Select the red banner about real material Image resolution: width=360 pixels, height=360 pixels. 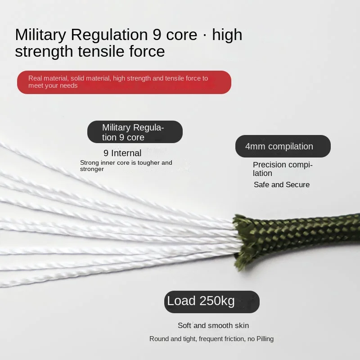(124, 82)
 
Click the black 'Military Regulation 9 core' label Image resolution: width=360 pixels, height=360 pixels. (135, 132)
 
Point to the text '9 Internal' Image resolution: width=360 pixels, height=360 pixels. (122, 153)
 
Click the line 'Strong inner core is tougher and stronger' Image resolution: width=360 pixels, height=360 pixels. (126, 166)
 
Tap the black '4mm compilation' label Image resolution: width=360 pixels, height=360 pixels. (283, 146)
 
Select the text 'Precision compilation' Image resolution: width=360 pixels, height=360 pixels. (282, 169)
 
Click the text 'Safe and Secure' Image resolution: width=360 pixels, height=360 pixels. (281, 184)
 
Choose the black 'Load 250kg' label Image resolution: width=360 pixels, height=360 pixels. (211, 301)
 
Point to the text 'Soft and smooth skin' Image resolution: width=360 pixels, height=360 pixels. (213, 325)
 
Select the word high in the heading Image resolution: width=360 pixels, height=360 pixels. (227, 35)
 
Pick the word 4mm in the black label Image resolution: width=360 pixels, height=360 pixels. (255, 146)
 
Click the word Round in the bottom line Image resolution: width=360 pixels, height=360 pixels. (159, 339)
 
